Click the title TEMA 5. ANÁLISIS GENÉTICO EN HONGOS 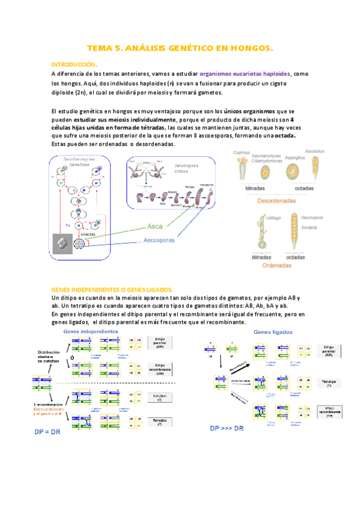pyautogui.click(x=180, y=47)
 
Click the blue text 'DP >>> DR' pyautogui.click(x=227, y=428)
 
